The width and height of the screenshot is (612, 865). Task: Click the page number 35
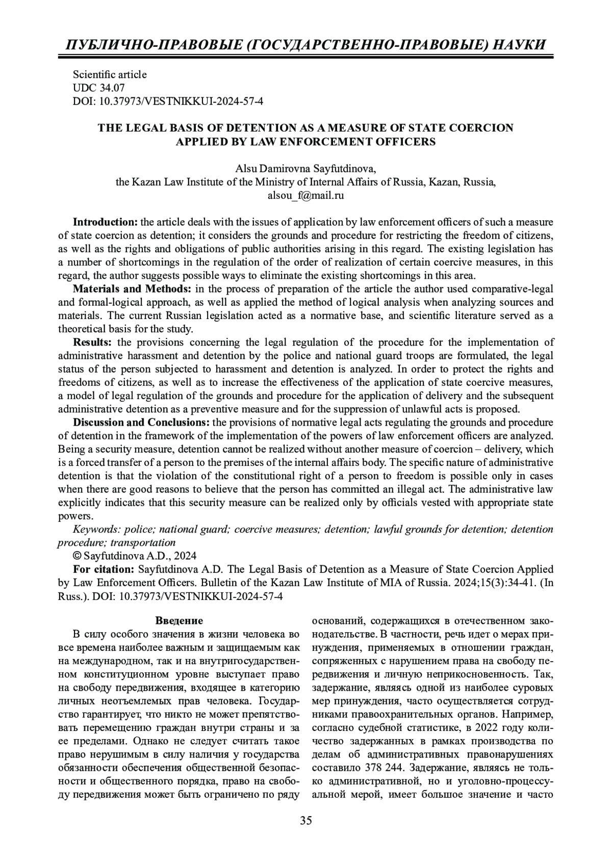(x=306, y=820)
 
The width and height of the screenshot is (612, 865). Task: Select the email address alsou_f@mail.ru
(x=306, y=195)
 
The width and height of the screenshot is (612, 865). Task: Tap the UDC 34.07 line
(x=98, y=88)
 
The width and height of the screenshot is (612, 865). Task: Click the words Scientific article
(x=110, y=74)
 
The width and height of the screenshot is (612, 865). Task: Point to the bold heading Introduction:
(x=105, y=222)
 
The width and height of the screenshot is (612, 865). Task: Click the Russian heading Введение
(x=179, y=621)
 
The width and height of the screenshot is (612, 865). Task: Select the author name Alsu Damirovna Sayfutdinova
(x=305, y=169)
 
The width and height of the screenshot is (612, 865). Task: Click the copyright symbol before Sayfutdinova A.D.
(x=78, y=556)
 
